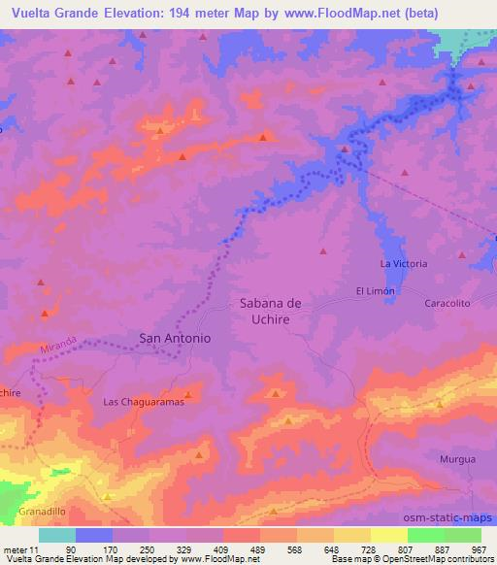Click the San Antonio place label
coord(175,338)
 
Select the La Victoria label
coord(403,264)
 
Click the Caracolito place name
coord(447,303)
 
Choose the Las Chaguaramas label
coord(144,401)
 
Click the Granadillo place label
coord(42,509)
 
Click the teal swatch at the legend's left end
coord(57,535)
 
